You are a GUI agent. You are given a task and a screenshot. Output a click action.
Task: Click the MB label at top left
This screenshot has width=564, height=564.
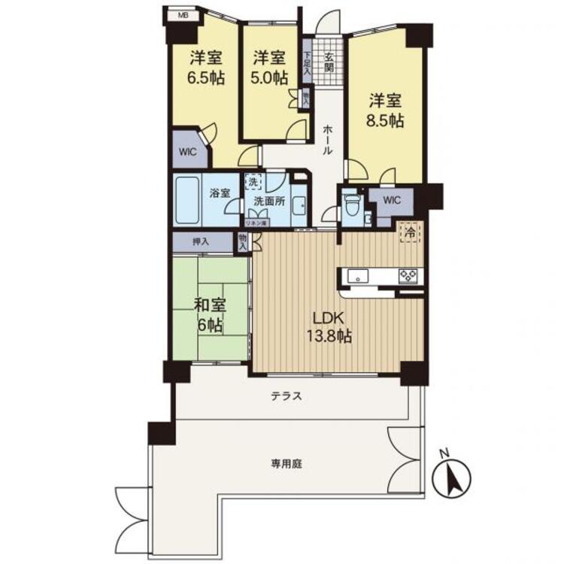[x=182, y=14]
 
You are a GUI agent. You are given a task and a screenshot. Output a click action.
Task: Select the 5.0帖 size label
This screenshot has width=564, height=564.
[x=268, y=77]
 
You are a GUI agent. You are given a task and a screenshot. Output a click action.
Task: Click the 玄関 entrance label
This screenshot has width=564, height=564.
[x=329, y=60]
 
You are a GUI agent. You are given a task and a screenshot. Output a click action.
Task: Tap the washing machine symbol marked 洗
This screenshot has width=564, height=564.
[x=253, y=182]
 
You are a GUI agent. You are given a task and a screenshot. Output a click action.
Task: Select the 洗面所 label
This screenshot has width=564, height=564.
[x=268, y=202]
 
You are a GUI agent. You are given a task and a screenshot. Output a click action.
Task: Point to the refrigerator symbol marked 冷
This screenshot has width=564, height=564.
[x=410, y=232]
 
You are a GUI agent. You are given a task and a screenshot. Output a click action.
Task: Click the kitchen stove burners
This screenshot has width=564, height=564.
[x=409, y=275]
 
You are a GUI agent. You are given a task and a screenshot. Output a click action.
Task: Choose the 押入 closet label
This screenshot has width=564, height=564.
[x=200, y=242]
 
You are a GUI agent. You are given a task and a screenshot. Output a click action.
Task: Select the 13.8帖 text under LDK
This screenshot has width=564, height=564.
[x=329, y=335]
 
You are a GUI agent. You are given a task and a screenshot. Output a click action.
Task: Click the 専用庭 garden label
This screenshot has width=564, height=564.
[x=287, y=464]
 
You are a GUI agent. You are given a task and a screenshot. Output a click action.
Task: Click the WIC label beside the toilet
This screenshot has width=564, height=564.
[x=393, y=200]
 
